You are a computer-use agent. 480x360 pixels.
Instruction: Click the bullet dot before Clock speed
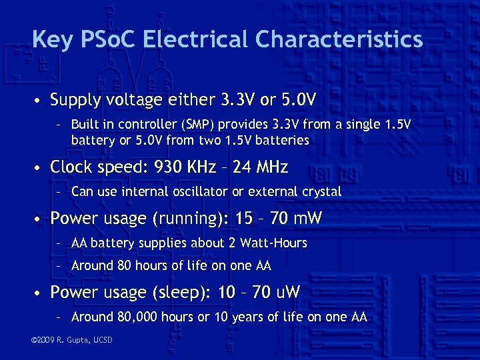[x=40, y=167]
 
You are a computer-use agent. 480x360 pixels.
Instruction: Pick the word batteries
[x=283, y=140]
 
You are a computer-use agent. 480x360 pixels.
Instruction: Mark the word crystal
[x=322, y=192]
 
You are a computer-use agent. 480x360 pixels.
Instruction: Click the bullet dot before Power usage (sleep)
[x=40, y=293]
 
